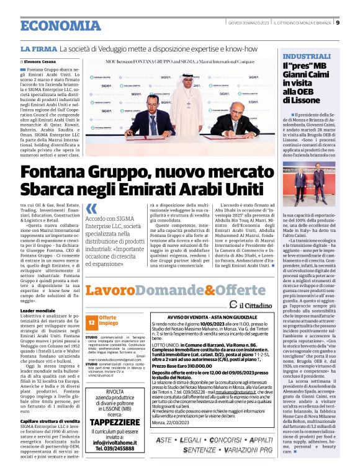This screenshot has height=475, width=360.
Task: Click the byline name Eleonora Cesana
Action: (43, 62)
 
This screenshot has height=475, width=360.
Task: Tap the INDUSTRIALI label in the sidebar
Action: (305, 55)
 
